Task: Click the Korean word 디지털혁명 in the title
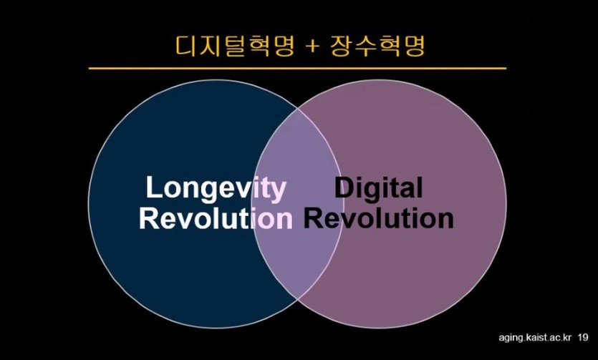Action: click(235, 46)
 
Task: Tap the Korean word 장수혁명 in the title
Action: click(377, 46)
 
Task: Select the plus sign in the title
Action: click(312, 47)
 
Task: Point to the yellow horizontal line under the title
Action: click(297, 69)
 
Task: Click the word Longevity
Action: click(216, 188)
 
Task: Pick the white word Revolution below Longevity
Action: click(216, 218)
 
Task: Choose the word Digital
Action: click(378, 188)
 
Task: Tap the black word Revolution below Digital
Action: click(378, 218)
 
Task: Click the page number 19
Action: click(583, 337)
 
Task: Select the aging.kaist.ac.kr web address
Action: click(535, 338)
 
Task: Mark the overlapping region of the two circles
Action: click(297, 204)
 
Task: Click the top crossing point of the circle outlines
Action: click(297, 108)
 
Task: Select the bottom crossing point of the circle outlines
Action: click(297, 301)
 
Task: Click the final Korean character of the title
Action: click(414, 46)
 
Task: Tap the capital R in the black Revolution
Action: click(312, 218)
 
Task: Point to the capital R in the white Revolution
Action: click(148, 218)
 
